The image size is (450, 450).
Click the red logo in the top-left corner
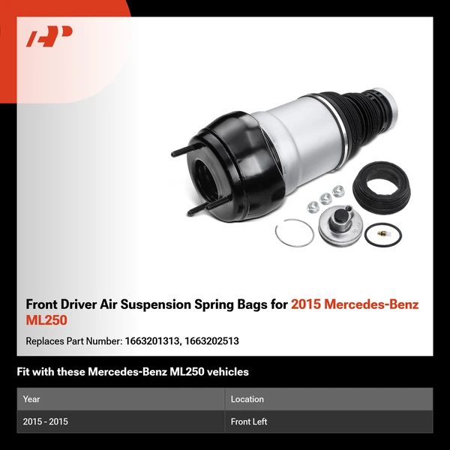[49, 37]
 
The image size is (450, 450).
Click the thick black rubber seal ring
[383, 185]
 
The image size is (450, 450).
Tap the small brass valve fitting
[379, 238]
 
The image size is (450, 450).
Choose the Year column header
[32, 399]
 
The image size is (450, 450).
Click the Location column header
[247, 399]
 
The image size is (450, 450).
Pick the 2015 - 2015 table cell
[45, 421]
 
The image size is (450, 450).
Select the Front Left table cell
[248, 421]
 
